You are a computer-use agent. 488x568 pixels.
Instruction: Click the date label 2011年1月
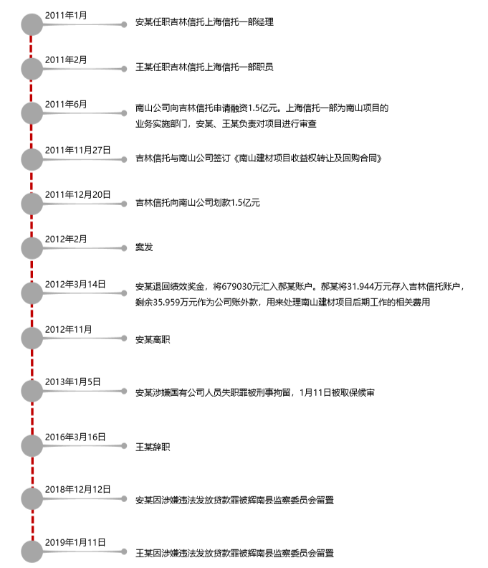tap(66, 16)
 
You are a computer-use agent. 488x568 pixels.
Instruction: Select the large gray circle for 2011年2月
tap(32, 69)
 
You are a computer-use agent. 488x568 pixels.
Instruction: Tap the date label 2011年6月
tap(66, 104)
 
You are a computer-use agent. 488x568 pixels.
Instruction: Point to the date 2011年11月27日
tap(78, 151)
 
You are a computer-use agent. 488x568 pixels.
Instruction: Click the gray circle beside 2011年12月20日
tap(32, 204)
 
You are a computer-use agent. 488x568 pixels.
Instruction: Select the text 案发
tap(144, 247)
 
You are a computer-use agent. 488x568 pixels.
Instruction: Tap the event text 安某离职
tap(153, 339)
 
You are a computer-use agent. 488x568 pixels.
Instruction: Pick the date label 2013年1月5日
tap(73, 382)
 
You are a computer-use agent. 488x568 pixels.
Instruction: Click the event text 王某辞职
tap(153, 447)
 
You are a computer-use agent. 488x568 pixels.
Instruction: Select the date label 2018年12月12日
tap(78, 489)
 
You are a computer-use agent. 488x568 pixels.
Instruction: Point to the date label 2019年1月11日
tap(75, 542)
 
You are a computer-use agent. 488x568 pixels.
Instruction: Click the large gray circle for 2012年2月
tap(32, 248)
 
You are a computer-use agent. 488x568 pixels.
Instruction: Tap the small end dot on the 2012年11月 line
tap(124, 339)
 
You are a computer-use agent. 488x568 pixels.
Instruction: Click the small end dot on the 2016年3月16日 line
tap(124, 445)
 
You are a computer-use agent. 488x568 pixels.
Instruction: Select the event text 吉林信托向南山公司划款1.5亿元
tap(198, 203)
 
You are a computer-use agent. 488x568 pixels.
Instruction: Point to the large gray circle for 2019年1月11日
tap(32, 552)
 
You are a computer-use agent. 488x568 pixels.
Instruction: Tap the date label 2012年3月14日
tap(75, 285)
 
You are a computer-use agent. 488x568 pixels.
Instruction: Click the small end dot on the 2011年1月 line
tap(124, 24)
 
